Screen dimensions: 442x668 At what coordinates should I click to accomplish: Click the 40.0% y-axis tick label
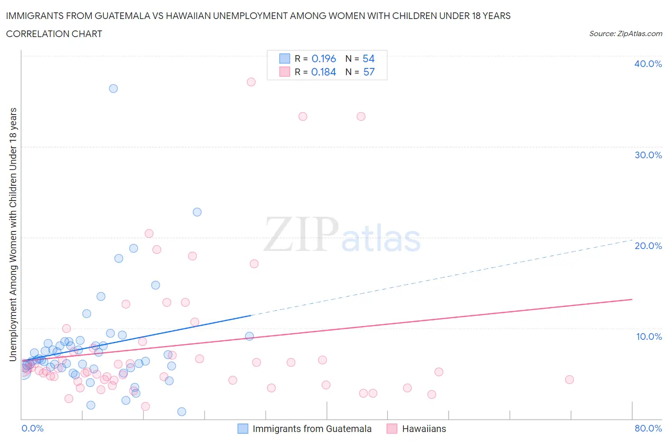(648, 64)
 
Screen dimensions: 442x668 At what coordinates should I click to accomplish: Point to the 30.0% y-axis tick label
(648, 155)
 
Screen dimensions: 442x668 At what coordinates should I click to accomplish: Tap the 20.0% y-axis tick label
(648, 246)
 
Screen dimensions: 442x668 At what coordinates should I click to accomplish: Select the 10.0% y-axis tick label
(648, 336)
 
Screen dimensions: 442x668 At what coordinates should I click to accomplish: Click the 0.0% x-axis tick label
(32, 428)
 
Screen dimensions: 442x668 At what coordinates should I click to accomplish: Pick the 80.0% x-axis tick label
(648, 428)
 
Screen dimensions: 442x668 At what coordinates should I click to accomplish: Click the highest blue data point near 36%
(113, 88)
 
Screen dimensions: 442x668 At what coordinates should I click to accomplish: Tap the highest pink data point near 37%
(251, 82)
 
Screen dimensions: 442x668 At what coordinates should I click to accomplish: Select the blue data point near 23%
(197, 212)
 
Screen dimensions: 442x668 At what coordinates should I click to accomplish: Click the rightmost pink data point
(569, 379)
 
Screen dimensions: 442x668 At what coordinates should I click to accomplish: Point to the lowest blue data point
(181, 412)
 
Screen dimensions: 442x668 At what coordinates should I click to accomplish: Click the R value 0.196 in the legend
(324, 58)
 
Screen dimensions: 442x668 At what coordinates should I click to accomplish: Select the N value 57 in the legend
(369, 72)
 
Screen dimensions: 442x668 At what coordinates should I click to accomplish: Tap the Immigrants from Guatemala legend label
(312, 429)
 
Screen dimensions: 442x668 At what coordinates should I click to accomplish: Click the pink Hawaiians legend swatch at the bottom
(391, 429)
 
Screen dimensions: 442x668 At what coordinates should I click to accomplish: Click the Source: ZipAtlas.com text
(625, 33)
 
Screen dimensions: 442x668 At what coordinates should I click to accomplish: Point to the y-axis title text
(13, 234)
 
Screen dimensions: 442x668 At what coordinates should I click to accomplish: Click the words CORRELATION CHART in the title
(54, 34)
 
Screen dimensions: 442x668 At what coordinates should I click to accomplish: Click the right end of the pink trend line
(632, 299)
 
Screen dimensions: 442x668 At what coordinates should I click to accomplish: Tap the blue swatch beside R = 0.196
(284, 58)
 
